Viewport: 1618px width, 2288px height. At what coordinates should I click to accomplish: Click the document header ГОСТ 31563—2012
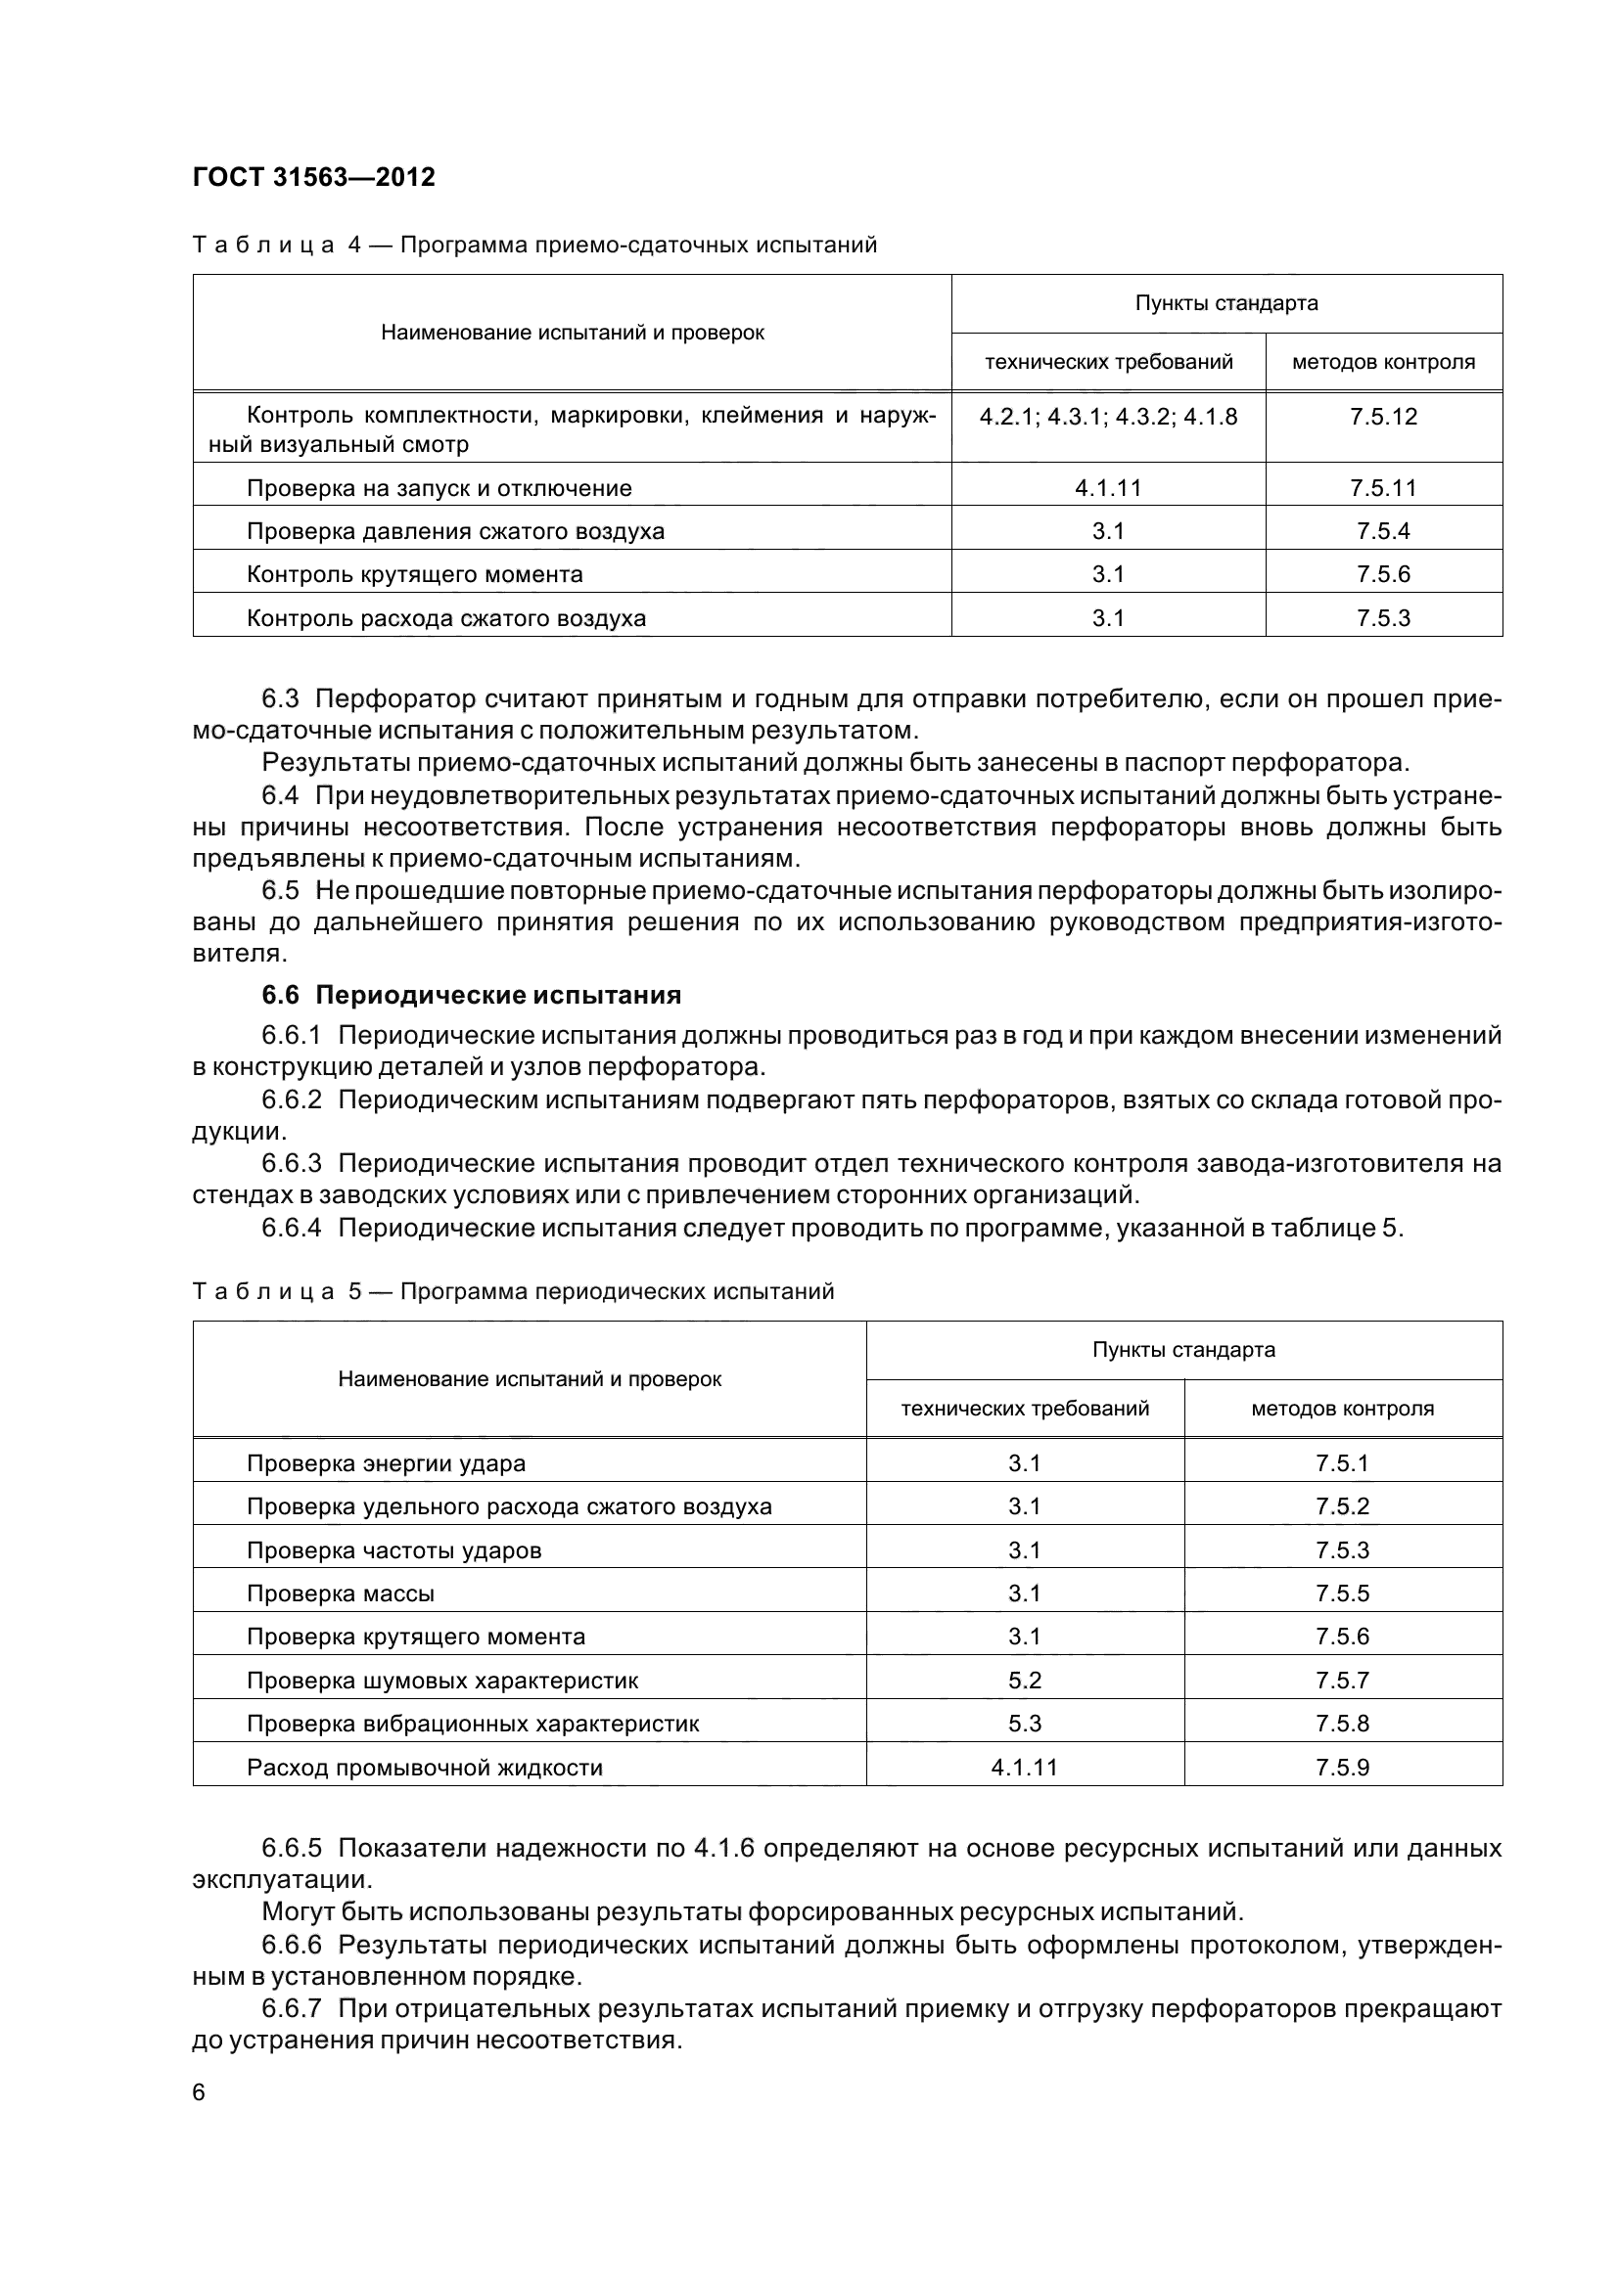click(313, 177)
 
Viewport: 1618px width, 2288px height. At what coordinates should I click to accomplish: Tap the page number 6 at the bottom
click(199, 2091)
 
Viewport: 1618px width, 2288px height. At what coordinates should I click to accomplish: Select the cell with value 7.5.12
click(1383, 417)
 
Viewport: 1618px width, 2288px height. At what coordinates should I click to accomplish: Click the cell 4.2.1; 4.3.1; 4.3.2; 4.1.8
click(1108, 417)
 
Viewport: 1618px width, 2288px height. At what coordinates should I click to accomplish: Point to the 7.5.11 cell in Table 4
click(1383, 488)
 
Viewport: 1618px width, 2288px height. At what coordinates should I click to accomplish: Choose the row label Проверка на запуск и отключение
click(439, 488)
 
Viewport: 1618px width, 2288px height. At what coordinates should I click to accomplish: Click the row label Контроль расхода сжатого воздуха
click(445, 618)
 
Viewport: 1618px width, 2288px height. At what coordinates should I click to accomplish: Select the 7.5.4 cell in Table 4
click(1383, 531)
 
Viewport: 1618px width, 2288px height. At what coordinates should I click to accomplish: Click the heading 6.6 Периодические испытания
click(472, 995)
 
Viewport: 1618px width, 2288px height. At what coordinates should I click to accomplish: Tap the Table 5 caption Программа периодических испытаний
click(616, 1291)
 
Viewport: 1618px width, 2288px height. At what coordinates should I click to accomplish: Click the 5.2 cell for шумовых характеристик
click(1024, 1681)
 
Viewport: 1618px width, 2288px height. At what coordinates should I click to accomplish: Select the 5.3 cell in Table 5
click(1024, 1723)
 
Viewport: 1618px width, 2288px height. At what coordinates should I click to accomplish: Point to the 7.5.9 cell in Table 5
click(1342, 1767)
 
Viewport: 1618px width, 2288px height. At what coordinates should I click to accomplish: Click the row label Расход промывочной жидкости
click(425, 1768)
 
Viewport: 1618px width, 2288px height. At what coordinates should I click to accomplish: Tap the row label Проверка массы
click(340, 1593)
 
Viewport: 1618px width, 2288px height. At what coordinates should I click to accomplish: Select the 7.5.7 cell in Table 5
click(1342, 1681)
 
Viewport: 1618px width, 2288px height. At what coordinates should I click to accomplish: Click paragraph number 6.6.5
click(291, 1849)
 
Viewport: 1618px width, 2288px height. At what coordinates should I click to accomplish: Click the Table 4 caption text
click(638, 246)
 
